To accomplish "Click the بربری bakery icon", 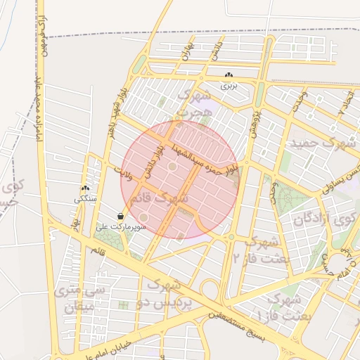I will (x=229, y=75).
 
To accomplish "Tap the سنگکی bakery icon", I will (x=86, y=188).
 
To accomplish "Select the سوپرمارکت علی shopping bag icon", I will (x=121, y=217).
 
